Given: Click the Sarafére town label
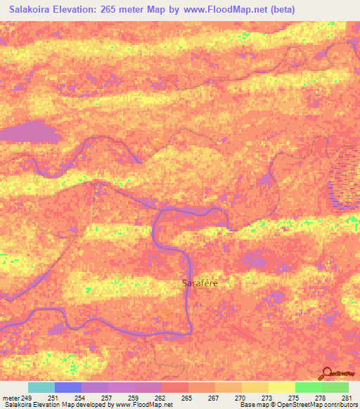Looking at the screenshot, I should [x=200, y=283].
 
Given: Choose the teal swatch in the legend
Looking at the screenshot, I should [x=41, y=387].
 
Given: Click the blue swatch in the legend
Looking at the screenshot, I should [x=68, y=387].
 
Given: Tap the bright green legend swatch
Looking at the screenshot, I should [x=309, y=387].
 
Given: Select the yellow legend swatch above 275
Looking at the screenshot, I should [x=282, y=387].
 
